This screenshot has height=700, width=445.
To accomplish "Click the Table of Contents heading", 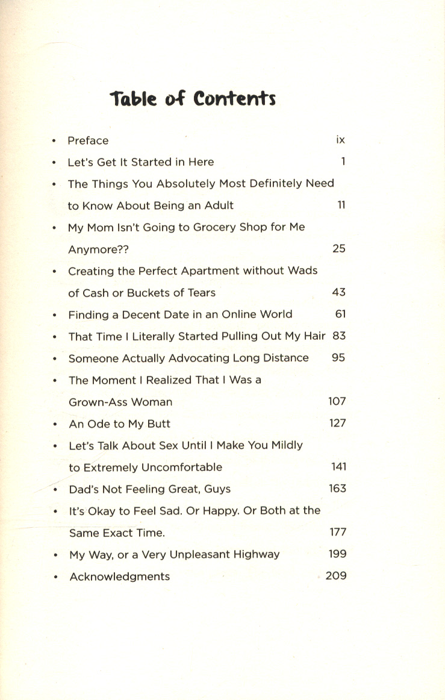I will pos(193,98).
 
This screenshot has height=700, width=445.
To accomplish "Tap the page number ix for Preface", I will pos(340,140).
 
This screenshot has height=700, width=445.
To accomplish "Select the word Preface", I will pos(88,140).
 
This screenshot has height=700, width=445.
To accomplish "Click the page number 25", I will pos(339,248).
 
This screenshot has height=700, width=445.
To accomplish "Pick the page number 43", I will pos(339,292).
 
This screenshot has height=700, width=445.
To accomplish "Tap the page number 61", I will pos(340,314).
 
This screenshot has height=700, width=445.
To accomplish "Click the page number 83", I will pos(339,336).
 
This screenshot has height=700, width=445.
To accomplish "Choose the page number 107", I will pos(337,401).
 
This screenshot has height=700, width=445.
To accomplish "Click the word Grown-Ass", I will pos(103,402).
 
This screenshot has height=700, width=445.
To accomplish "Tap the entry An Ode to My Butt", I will pos(120,423).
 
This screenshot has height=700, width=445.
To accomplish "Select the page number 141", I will pos(338,467).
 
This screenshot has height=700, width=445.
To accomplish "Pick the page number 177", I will pos(338,532).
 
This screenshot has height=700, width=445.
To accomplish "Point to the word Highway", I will pos(255,554).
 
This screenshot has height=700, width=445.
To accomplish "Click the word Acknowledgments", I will pos(120,577).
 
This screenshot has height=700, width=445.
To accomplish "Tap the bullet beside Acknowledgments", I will pos(55,577).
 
